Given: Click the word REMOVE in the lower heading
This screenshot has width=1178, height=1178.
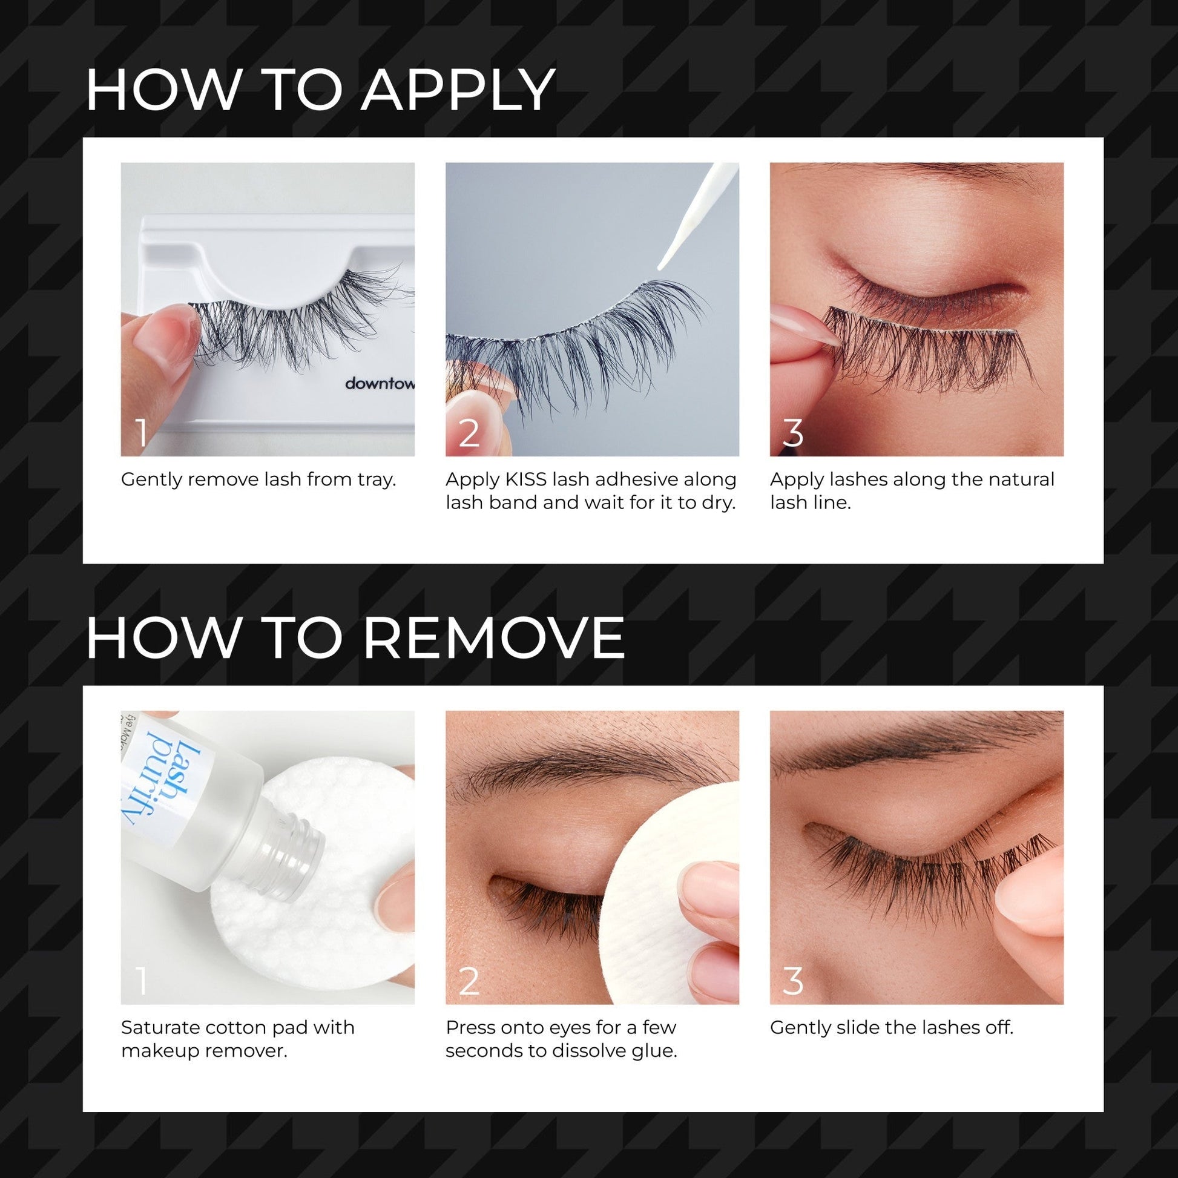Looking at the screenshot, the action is [493, 639].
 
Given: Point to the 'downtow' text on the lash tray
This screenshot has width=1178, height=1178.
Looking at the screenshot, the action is [380, 384].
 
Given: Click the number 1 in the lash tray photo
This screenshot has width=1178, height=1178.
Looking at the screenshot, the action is [142, 433].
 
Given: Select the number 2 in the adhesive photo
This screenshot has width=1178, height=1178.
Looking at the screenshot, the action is [469, 433].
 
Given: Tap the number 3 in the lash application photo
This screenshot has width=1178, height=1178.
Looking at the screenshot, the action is [792, 433].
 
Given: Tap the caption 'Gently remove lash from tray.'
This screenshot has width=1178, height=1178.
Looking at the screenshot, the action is [258, 480].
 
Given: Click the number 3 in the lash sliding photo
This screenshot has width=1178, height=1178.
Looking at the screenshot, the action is [792, 982].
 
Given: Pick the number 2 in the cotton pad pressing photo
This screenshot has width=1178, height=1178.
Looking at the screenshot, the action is [469, 982].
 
